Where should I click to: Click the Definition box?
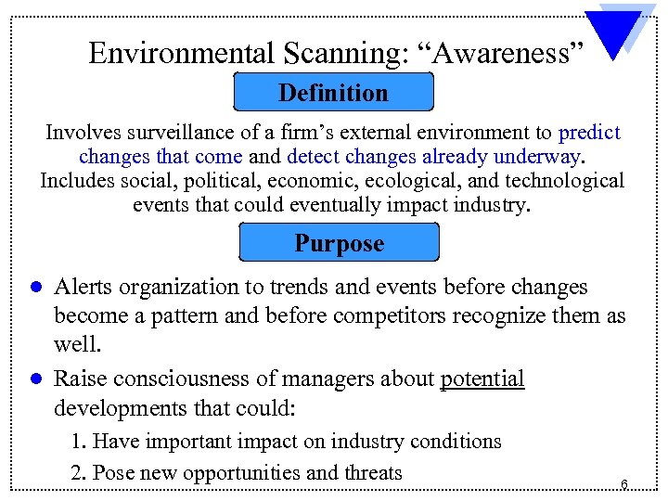(334, 93)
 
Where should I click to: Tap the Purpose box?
(339, 243)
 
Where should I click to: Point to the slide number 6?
(624, 483)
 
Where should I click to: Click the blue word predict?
(589, 133)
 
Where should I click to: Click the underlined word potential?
(482, 379)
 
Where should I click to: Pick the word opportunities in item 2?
(242, 472)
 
